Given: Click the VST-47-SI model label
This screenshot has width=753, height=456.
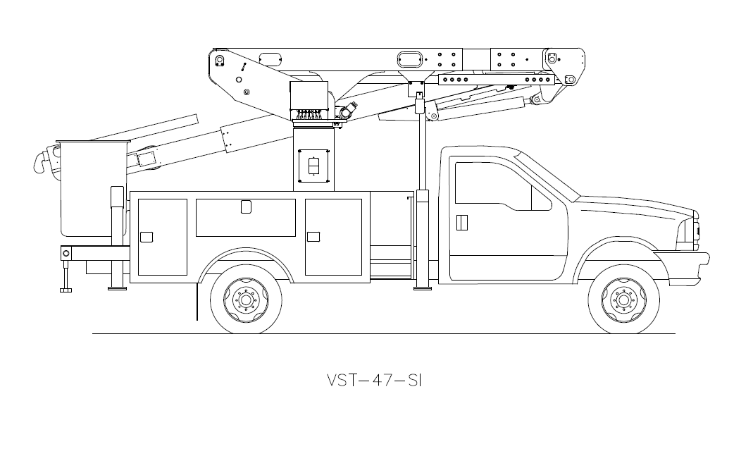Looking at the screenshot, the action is (374, 380).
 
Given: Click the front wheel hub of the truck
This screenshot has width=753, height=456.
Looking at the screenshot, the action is (623, 300).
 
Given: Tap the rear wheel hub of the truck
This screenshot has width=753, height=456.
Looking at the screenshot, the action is (246, 300).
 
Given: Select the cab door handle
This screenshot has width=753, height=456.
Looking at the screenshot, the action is (462, 222).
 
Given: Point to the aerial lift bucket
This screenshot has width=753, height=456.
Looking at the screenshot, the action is (93, 189).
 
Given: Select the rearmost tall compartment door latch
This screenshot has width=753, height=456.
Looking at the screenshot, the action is (147, 237).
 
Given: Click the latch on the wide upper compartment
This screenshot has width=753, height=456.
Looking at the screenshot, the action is (246, 207).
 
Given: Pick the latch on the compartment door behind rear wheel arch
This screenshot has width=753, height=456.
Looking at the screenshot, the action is (313, 237).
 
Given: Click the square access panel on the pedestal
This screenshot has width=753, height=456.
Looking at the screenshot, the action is (313, 166).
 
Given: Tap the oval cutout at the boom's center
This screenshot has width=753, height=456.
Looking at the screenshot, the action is (411, 60).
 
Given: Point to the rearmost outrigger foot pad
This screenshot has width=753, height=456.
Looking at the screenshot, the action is (66, 290).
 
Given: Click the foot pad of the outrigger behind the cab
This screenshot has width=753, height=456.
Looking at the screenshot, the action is (423, 288).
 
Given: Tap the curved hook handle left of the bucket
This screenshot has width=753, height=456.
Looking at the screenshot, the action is (40, 161).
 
